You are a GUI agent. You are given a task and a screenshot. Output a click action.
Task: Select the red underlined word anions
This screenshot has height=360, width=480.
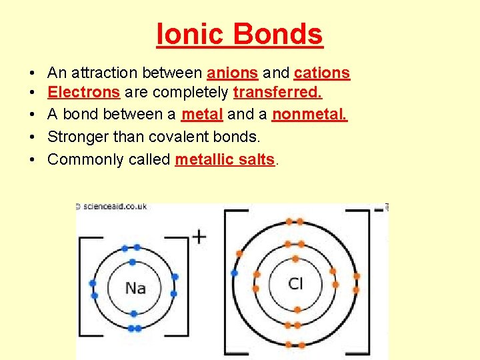pyautogui.click(x=233, y=73)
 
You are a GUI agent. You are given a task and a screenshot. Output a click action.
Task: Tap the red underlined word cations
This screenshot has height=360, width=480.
pyautogui.click(x=321, y=73)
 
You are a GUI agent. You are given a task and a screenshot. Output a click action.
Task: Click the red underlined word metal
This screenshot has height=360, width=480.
pyautogui.click(x=202, y=115)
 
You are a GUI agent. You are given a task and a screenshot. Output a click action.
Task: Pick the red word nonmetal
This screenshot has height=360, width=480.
pyautogui.click(x=309, y=115)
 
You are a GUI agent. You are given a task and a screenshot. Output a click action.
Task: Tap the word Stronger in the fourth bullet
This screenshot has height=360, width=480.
pyautogui.click(x=78, y=137)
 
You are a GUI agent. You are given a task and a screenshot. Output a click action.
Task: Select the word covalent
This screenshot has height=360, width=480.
pyautogui.click(x=193, y=137)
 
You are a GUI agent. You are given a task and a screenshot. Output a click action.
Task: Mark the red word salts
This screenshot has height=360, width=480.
pyautogui.click(x=257, y=159)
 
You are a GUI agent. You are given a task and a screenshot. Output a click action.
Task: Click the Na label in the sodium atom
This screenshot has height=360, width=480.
pyautogui.click(x=135, y=288)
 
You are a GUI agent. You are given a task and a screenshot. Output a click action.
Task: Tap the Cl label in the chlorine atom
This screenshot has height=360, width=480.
pyautogui.click(x=295, y=284)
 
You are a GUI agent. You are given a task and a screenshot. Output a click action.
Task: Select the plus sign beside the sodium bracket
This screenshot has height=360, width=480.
pyautogui.click(x=199, y=237)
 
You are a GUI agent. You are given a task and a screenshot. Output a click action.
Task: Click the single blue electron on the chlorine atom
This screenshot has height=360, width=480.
pyautogui.click(x=234, y=273)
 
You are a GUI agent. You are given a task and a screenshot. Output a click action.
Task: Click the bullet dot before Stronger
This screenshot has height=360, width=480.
pyautogui.click(x=32, y=137)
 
